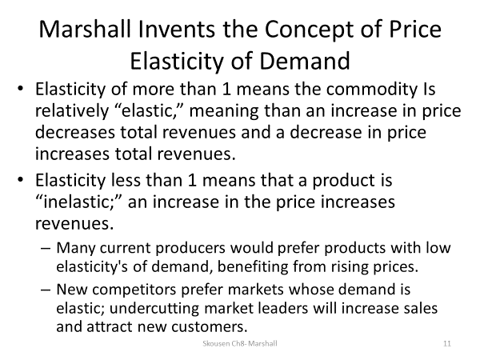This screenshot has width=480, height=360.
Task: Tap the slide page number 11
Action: [x=447, y=343]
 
